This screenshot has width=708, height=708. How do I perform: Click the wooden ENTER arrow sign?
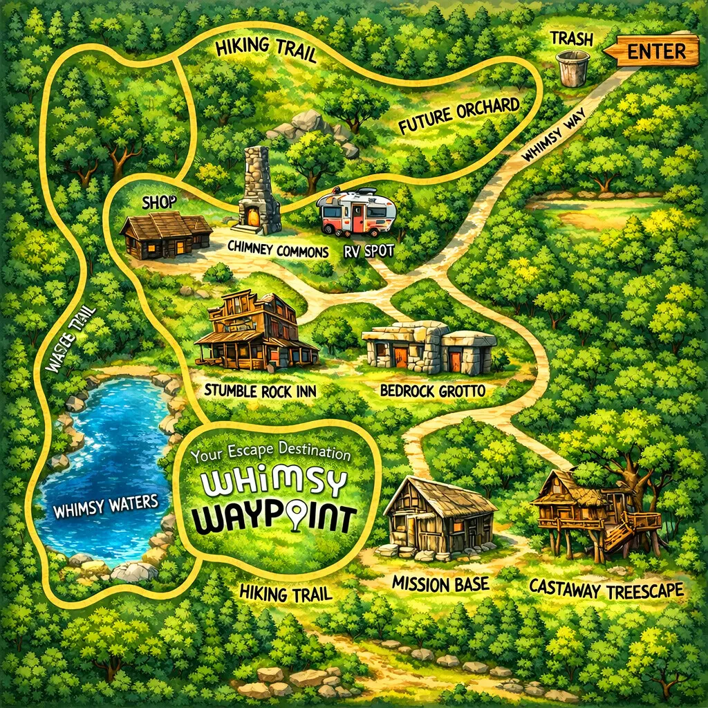654,51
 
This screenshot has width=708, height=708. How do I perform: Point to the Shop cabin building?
166,235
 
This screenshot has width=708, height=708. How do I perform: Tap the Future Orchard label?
459,116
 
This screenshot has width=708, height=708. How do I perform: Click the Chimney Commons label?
279,251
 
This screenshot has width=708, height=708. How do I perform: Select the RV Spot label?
368,250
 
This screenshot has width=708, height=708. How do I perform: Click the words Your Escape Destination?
272,454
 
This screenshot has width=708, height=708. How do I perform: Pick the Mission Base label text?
440,583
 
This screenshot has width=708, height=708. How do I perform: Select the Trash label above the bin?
572,39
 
